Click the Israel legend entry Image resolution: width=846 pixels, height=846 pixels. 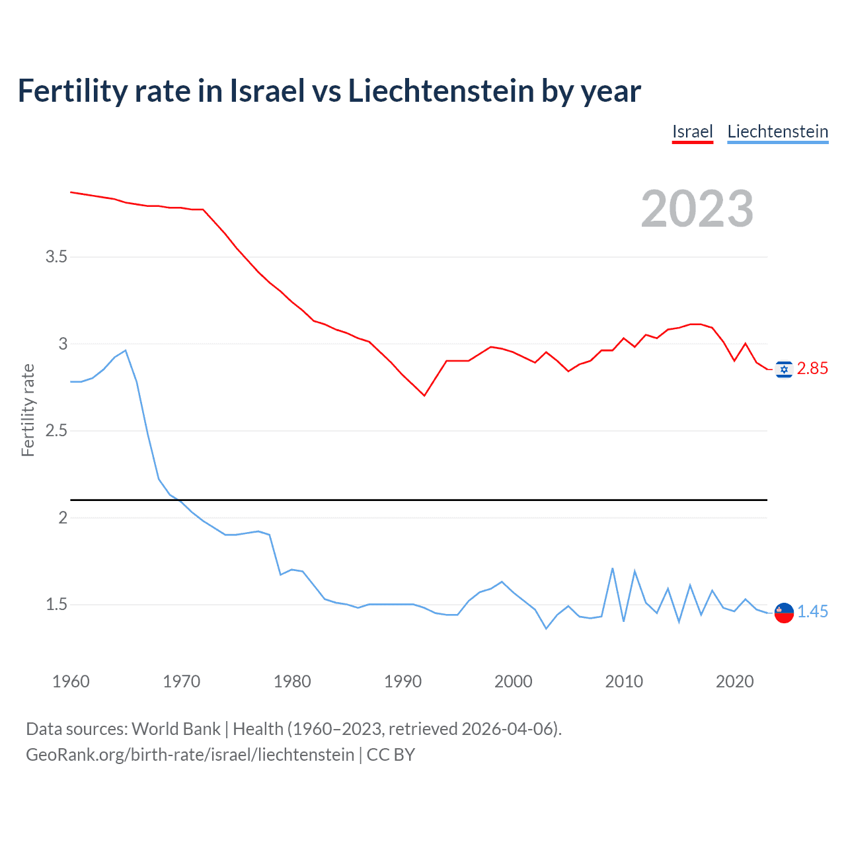pyautogui.click(x=692, y=132)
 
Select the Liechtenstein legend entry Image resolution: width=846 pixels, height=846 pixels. pyautogui.click(x=777, y=132)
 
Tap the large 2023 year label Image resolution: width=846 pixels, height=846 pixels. pyautogui.click(x=697, y=209)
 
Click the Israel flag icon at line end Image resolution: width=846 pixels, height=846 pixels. pyautogui.click(x=784, y=369)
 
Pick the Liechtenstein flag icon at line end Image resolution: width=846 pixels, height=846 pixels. pyautogui.click(x=784, y=613)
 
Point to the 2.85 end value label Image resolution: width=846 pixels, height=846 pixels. pyautogui.click(x=812, y=369)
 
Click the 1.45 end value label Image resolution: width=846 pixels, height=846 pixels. pyautogui.click(x=812, y=612)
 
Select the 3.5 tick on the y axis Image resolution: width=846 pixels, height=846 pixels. pyautogui.click(x=56, y=256)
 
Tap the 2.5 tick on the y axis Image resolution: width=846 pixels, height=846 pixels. pyautogui.click(x=56, y=431)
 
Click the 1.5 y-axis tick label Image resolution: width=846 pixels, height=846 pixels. pyautogui.click(x=56, y=605)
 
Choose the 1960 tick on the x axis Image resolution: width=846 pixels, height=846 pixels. pyautogui.click(x=71, y=681)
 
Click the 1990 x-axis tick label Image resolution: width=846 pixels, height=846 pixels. pyautogui.click(x=403, y=681)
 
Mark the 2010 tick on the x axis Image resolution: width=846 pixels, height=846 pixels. pyautogui.click(x=624, y=681)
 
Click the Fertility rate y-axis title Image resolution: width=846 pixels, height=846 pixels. pyautogui.click(x=28, y=410)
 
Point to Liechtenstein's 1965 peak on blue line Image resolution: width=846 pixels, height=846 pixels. pyautogui.click(x=126, y=350)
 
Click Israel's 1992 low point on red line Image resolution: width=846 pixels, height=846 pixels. pyautogui.click(x=424, y=395)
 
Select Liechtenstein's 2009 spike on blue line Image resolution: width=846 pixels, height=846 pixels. pyautogui.click(x=613, y=568)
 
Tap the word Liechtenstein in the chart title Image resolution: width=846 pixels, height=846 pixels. pyautogui.click(x=441, y=91)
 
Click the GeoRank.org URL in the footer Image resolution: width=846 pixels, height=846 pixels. pyautogui.click(x=190, y=755)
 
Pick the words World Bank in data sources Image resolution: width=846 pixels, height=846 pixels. pyautogui.click(x=176, y=729)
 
